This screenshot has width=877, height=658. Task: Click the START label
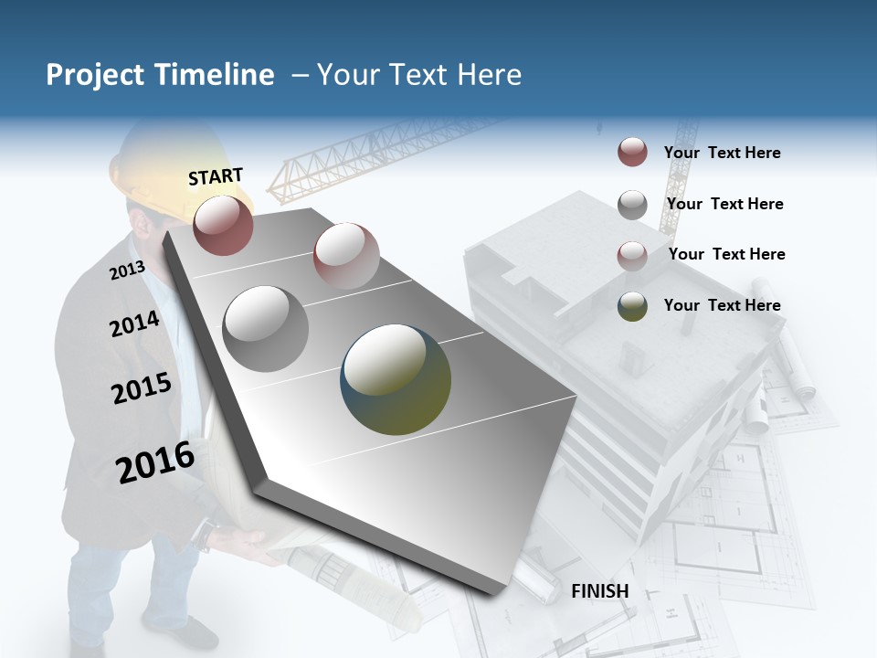pos(216,176)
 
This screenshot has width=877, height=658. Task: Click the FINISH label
pos(600,591)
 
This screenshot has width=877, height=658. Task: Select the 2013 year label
pos(128,270)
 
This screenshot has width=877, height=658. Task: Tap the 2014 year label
pos(135,324)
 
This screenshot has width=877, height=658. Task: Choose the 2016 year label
pos(155,462)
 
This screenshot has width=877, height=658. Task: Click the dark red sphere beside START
pos(223,225)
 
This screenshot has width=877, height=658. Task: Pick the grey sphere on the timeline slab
pos(265,328)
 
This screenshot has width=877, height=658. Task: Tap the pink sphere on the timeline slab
pos(346,255)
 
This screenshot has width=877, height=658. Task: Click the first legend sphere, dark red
pos(632,153)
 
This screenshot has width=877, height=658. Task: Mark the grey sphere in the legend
pos(632,204)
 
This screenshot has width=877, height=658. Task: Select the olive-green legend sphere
pos(632,306)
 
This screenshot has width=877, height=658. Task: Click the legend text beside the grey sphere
pos(724,204)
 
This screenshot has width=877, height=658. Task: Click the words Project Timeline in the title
pos(160,75)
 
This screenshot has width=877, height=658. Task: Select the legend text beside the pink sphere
pos(726,254)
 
